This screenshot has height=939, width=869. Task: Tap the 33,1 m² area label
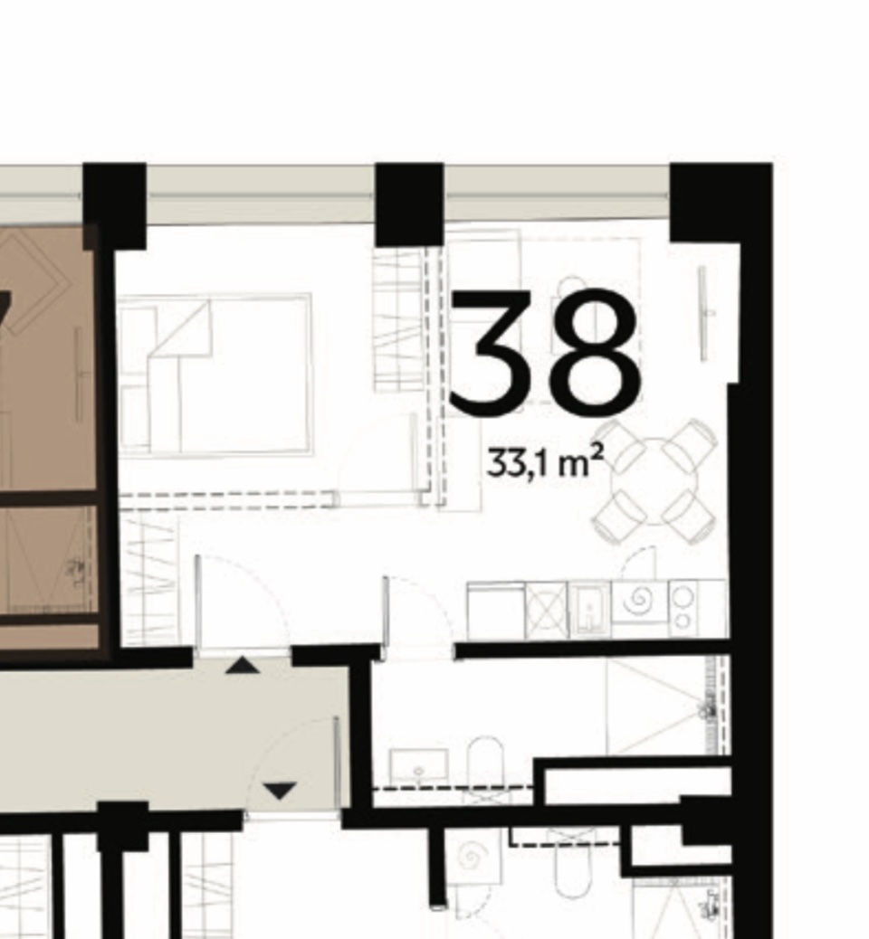pos(545,462)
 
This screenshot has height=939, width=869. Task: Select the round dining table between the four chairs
pos(654,481)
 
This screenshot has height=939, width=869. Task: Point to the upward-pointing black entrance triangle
pos(242,665)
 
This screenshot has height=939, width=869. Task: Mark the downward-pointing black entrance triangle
pos(280,791)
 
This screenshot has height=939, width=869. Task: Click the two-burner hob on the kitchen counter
pos(683,609)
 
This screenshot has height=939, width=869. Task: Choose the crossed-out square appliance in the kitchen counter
pos(546,610)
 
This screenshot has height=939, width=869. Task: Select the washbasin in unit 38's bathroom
pos(418,765)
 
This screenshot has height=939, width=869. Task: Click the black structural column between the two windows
pos(409,204)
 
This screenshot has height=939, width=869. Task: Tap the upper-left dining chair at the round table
pos(619,445)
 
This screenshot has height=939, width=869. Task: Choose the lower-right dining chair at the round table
pos(691,517)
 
